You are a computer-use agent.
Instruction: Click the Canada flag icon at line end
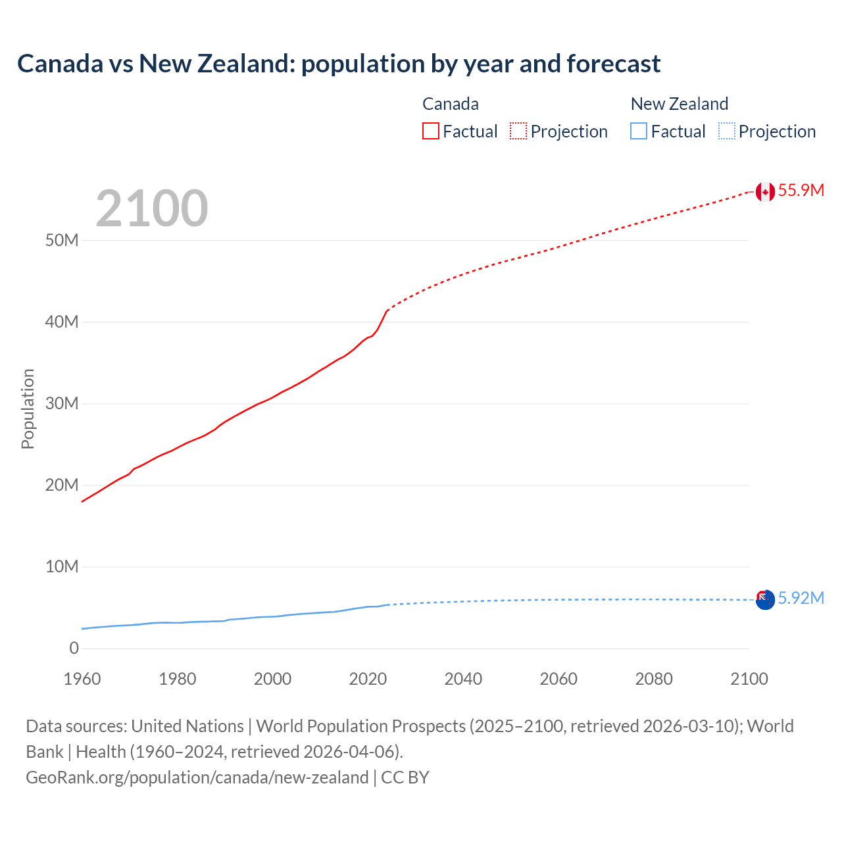coord(765,191)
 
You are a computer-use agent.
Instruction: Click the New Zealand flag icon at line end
coord(765,599)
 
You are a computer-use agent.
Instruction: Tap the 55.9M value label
coord(801,191)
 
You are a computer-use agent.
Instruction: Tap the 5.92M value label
coord(801,599)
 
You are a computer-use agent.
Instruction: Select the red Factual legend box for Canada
coord(431,132)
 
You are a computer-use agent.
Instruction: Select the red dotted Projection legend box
coord(518,132)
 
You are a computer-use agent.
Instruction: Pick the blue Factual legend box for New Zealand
coord(639,132)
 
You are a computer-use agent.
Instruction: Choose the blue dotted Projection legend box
coord(726,132)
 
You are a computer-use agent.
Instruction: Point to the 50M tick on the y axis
coord(62,241)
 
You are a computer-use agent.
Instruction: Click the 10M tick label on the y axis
coord(62,567)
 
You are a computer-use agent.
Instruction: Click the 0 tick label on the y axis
coord(74,649)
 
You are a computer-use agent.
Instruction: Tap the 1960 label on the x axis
coord(82,679)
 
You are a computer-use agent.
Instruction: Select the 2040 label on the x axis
coord(463,679)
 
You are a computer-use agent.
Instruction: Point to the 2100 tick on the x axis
coord(749,679)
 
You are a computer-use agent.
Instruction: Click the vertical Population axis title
coord(28,409)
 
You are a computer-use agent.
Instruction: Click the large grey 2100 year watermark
coord(152,209)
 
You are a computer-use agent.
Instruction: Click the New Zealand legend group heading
coord(680,104)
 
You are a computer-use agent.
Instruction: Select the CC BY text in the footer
coord(405,778)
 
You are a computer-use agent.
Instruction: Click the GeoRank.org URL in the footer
coord(197,778)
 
